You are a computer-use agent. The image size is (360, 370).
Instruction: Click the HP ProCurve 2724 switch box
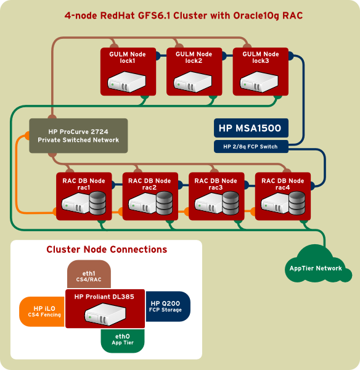click(x=78, y=136)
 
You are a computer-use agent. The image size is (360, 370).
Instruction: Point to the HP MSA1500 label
click(x=250, y=128)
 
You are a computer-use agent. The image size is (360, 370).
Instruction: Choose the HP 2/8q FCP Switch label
click(x=250, y=147)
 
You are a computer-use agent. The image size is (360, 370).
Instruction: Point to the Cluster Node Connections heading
click(x=107, y=250)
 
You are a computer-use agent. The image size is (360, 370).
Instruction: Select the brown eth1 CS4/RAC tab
click(x=89, y=274)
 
